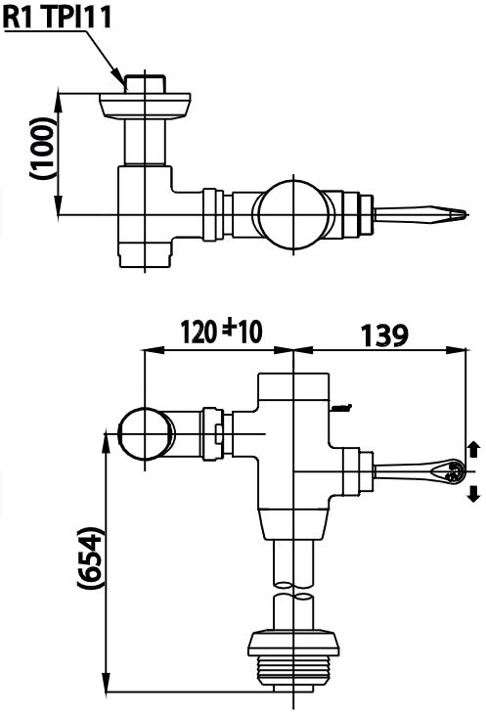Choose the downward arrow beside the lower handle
[x=474, y=492]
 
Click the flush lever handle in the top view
[x=420, y=213]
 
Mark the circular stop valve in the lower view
[x=143, y=433]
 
